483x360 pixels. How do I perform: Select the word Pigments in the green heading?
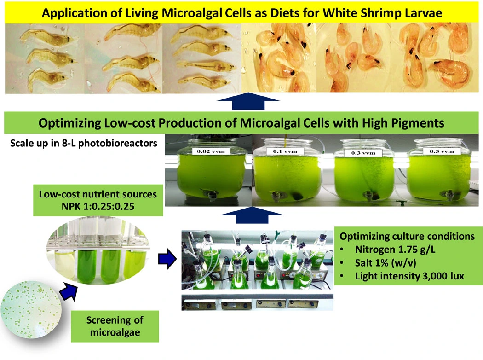pyautogui.click(x=407, y=123)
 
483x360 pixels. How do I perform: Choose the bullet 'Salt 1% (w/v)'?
pyautogui.click(x=383, y=263)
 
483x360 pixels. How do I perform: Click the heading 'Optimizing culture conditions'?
pyautogui.click(x=407, y=236)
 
